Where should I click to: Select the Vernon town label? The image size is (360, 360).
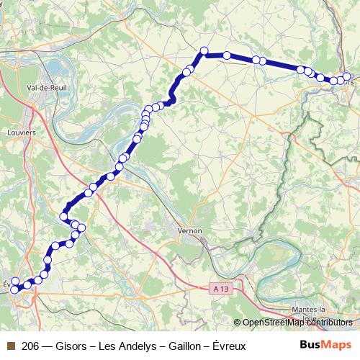(x=189, y=231)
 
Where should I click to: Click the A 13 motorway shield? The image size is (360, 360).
(x=222, y=289)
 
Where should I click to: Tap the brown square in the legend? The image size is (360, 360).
(x=9, y=346)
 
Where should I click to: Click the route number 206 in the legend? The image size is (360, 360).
(x=31, y=346)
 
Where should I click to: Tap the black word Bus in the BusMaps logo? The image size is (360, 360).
(x=311, y=345)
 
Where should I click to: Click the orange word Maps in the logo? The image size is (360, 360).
(x=338, y=345)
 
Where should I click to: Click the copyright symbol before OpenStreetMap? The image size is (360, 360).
(x=238, y=323)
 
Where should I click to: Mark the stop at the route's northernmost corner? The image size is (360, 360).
(x=204, y=50)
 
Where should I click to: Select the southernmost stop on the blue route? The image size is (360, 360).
(x=14, y=289)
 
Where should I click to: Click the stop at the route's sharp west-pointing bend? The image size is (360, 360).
(x=63, y=216)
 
